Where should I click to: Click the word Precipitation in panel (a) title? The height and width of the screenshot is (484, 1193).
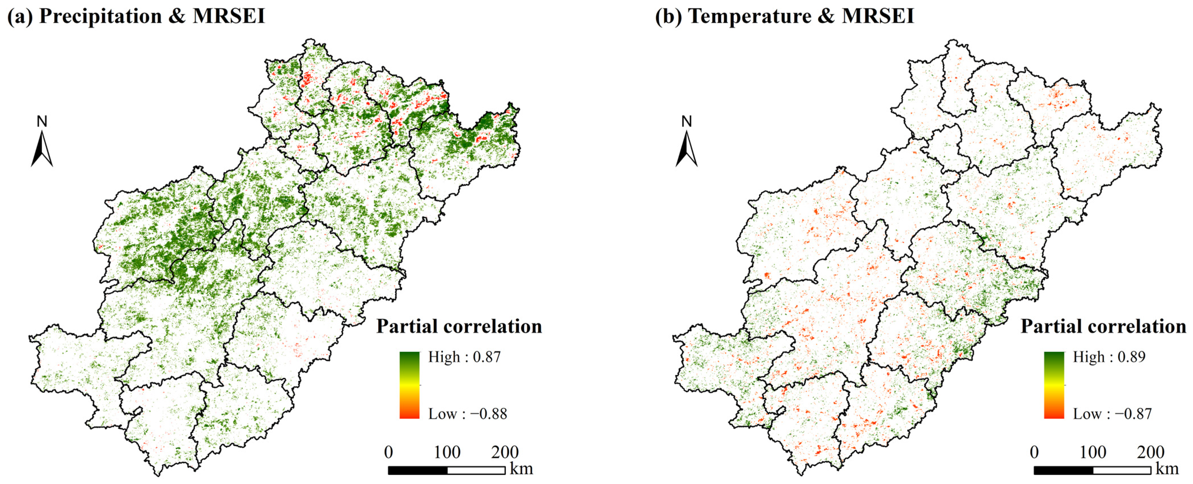point(100,16)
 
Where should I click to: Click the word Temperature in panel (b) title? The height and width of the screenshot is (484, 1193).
point(749,16)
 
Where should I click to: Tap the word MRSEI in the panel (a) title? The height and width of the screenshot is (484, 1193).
point(229,16)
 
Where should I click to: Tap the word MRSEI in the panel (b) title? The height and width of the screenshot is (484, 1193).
point(878,16)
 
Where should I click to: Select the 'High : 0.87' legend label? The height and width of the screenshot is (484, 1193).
point(464,357)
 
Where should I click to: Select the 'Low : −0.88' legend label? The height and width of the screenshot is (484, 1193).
point(467,413)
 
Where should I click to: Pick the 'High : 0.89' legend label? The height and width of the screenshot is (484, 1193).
point(1109,357)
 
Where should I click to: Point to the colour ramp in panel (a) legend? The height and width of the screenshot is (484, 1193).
point(409,385)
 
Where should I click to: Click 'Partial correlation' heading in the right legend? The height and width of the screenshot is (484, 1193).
point(1103,326)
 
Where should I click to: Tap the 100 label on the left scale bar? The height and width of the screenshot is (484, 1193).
point(447,452)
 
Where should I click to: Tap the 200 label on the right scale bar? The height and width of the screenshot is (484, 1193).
point(1150,452)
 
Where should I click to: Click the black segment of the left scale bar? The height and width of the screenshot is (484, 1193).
point(418,470)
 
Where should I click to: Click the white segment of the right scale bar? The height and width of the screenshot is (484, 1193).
point(1122,470)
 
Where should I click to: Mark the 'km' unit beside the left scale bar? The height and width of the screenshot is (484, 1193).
point(521,469)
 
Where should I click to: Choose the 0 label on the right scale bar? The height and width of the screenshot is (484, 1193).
point(1034,452)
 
